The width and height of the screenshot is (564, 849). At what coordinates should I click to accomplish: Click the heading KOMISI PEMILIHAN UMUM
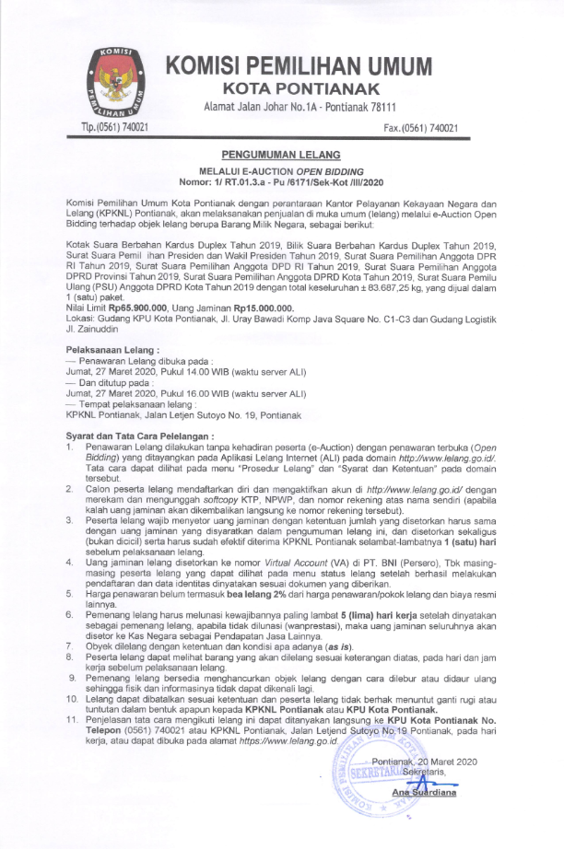300,66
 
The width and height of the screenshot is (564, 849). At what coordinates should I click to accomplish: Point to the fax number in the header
420,128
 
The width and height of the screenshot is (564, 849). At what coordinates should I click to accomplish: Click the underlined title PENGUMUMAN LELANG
282,155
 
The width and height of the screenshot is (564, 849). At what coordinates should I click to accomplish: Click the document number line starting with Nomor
282,181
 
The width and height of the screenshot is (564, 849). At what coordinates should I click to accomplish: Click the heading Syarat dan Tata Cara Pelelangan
141,435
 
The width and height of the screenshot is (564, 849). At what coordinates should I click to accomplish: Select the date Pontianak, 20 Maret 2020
425,761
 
